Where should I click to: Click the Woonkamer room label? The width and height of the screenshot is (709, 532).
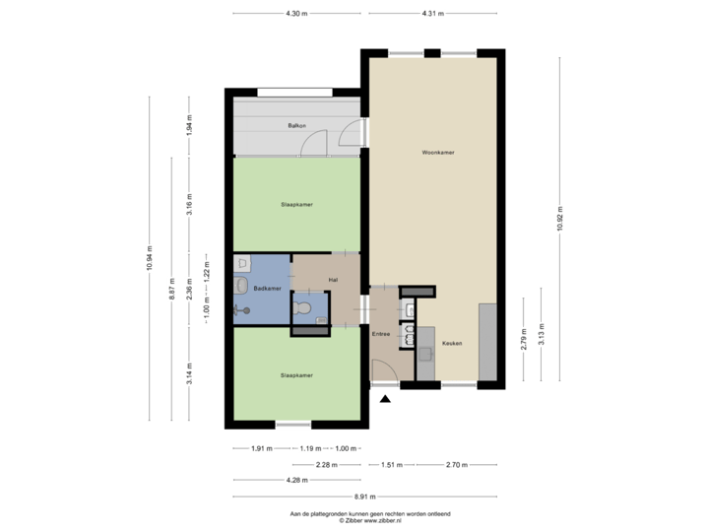pos(437,154)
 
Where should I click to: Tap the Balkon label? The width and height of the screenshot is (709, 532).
pos(295,126)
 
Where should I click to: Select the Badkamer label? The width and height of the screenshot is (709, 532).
pos(267,288)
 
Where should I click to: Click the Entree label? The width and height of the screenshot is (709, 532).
pos(381,334)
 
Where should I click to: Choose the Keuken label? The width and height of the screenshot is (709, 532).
pos(452,343)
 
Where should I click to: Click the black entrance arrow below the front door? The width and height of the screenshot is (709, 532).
pos(384,397)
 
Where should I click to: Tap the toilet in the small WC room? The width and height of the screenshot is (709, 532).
pos(305,309)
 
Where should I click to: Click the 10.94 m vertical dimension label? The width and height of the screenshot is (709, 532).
pos(150,258)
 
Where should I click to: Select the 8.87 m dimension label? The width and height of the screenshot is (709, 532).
pos(171,289)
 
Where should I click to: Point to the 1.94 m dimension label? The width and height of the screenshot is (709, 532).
pos(190,125)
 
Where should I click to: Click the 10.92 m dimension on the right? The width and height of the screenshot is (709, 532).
pos(560,219)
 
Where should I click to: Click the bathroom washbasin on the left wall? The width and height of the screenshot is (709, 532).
pos(239,286)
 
